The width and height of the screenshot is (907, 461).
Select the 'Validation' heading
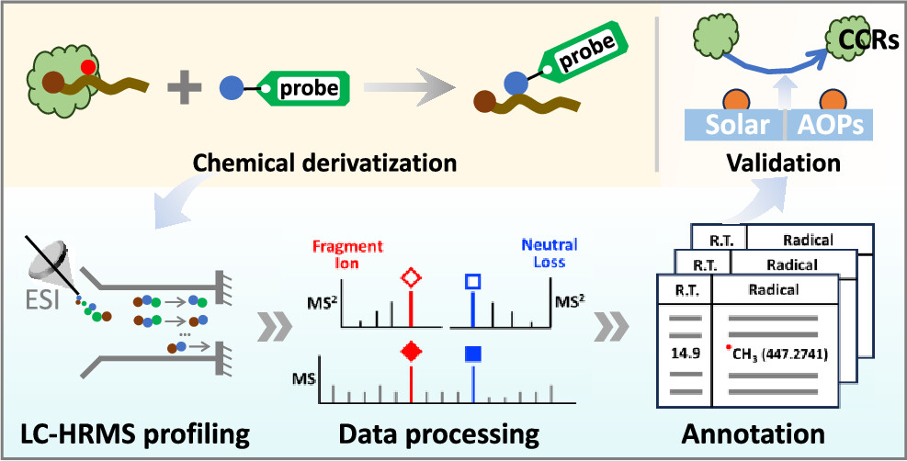click(783, 164)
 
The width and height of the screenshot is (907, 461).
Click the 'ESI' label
click(41, 299)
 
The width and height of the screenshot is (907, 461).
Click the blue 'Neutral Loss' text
click(549, 253)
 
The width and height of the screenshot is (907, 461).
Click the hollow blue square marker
click(472, 280)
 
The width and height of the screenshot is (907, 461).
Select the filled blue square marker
click(472, 353)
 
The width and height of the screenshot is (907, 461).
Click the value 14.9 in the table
click(685, 354)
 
